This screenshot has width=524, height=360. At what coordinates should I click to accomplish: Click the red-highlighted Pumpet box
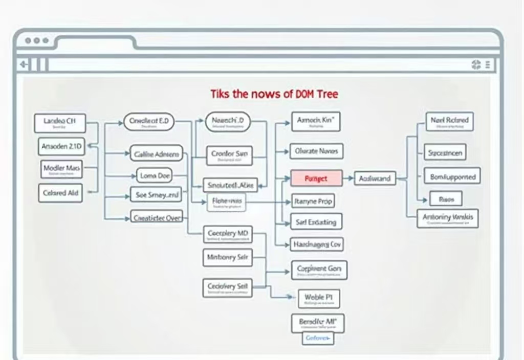[316, 178]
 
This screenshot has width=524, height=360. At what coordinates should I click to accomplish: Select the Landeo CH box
[59, 123]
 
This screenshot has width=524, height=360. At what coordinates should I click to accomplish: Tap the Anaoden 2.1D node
[61, 146]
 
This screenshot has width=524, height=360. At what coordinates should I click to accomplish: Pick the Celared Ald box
[60, 193]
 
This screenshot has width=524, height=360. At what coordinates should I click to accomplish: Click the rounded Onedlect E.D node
[149, 122]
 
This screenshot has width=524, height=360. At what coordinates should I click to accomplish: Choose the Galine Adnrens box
[156, 153]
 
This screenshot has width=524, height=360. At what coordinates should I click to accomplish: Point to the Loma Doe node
[155, 175]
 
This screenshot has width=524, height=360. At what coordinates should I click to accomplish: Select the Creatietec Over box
[156, 217]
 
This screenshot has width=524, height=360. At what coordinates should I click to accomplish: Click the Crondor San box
[229, 155]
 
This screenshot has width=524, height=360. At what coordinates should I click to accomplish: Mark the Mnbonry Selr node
[228, 257]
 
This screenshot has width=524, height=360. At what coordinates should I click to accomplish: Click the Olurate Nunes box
[316, 151]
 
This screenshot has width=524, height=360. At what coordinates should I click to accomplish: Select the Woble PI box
[318, 299]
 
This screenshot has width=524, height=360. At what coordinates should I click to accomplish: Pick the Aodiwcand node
[375, 178]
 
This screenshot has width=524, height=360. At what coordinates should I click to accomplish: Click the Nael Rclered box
[449, 122]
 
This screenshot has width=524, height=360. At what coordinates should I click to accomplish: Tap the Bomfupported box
[452, 177]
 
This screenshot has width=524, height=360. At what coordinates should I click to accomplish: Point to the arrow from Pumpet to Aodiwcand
[348, 178]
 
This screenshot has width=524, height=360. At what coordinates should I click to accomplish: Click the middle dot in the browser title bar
[36, 40]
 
